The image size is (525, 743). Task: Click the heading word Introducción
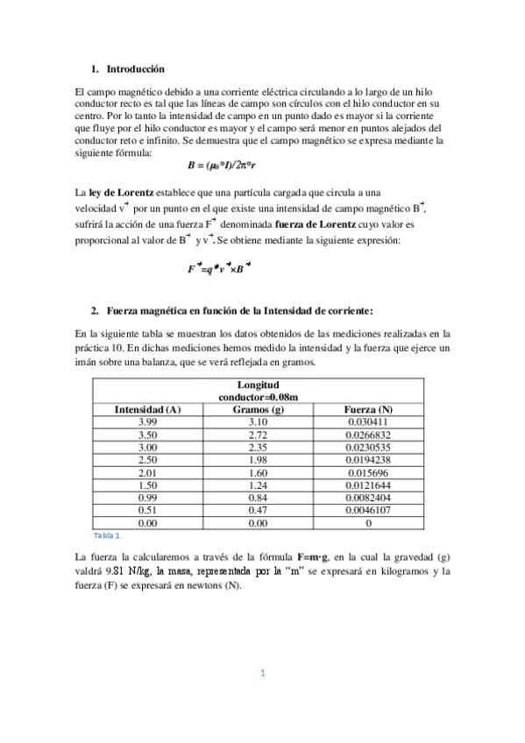point(135,68)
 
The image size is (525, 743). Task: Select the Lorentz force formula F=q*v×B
point(218,269)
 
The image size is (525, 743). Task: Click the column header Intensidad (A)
point(147,409)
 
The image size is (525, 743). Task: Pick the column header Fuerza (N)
point(368,409)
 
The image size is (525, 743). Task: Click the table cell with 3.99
point(147,422)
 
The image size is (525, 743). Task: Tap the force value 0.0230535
point(368,447)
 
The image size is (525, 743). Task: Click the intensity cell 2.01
point(147,472)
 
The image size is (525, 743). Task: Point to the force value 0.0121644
point(368,485)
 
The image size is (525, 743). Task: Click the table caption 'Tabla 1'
point(107,534)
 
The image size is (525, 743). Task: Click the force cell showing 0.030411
point(368,422)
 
